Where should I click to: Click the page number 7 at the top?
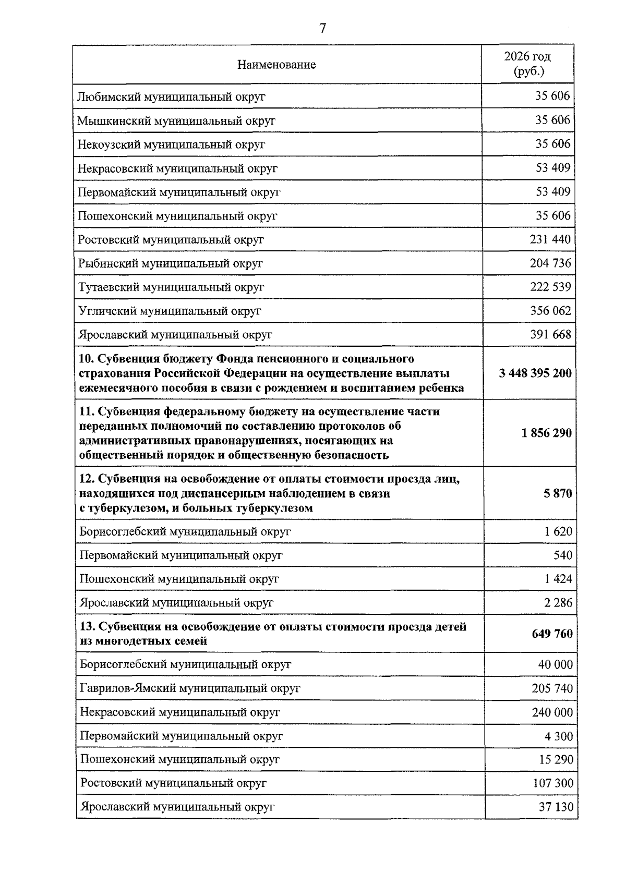click(x=322, y=29)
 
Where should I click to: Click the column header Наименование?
click(x=276, y=65)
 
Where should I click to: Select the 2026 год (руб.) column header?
click(x=527, y=64)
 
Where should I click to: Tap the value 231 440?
click(x=550, y=239)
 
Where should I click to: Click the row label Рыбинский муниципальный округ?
click(x=171, y=263)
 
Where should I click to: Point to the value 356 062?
click(x=550, y=311)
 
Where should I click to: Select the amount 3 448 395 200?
click(x=535, y=373)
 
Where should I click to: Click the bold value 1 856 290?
click(x=546, y=433)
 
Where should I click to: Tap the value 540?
click(x=563, y=555)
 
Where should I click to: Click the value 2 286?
click(x=558, y=603)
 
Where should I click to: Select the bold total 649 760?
click(x=552, y=634)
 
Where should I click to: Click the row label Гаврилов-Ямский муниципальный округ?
click(x=190, y=688)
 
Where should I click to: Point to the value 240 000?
click(x=552, y=712)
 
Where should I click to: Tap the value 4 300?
click(x=559, y=736)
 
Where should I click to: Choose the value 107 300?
click(x=552, y=783)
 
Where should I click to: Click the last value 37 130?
click(x=556, y=807)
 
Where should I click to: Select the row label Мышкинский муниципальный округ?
click(x=176, y=121)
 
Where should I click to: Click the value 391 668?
click(x=550, y=335)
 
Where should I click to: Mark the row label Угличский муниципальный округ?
click(x=170, y=311)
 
